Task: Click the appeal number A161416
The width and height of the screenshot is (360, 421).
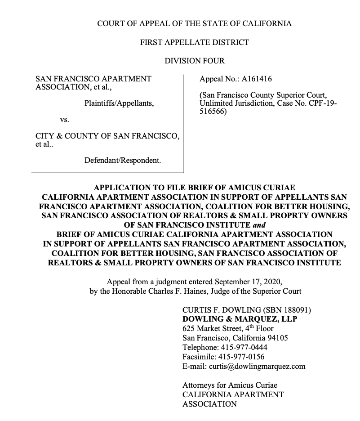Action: click(257, 79)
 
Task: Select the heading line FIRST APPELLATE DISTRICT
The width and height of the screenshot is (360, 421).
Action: click(194, 42)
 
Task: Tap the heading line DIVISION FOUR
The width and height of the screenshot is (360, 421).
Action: click(194, 61)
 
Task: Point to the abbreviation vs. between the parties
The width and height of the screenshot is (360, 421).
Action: click(64, 120)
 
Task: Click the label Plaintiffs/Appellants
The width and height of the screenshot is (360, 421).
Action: click(119, 103)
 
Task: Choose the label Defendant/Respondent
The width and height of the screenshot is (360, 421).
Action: click(122, 160)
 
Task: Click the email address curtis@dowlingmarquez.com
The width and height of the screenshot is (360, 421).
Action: click(257, 366)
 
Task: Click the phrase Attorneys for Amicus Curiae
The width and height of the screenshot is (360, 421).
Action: click(230, 385)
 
